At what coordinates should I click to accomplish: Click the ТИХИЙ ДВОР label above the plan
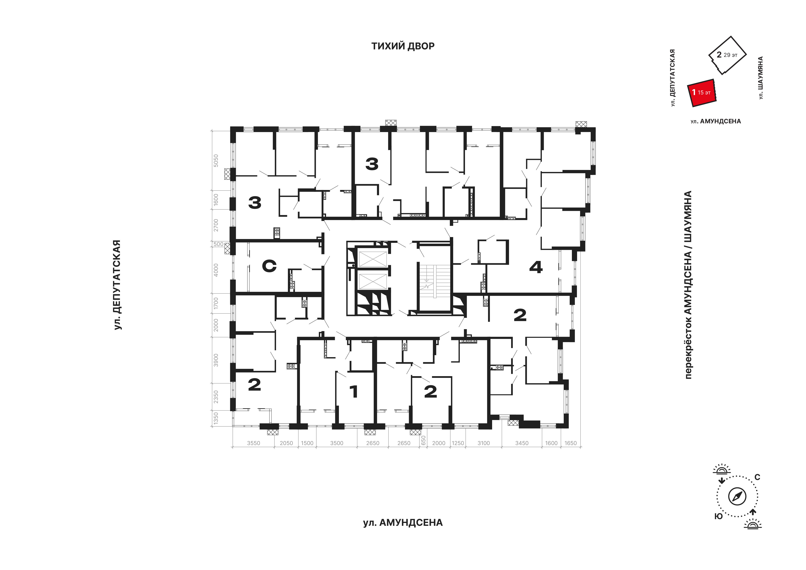[x=403, y=46]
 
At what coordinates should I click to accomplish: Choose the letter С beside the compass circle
[x=757, y=477]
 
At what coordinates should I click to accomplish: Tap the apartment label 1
[x=354, y=391]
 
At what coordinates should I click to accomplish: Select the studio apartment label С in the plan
[x=269, y=266]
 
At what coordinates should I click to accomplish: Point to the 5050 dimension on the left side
[x=216, y=161]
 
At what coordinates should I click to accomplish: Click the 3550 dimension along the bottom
[x=253, y=443]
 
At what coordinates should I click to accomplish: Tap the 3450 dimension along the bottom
[x=522, y=443]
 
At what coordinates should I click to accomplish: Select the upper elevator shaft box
[x=373, y=259]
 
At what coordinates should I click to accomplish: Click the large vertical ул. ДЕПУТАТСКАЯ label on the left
[x=117, y=285]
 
